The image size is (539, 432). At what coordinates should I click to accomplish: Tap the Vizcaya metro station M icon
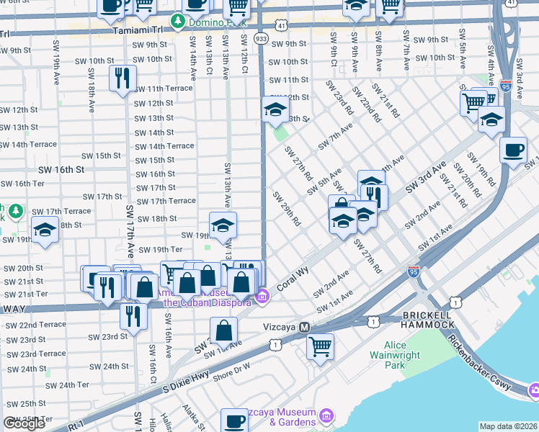(x=305, y=327)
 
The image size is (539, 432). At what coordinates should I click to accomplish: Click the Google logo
(x=24, y=423)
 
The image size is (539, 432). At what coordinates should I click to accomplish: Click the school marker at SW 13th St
(x=275, y=109)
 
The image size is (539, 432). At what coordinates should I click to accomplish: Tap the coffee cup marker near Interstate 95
(x=512, y=150)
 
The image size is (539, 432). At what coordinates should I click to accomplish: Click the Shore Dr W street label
(x=231, y=369)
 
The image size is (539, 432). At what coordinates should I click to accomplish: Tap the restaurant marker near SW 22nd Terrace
(x=133, y=315)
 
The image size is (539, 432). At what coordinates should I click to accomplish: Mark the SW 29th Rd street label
(x=286, y=208)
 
